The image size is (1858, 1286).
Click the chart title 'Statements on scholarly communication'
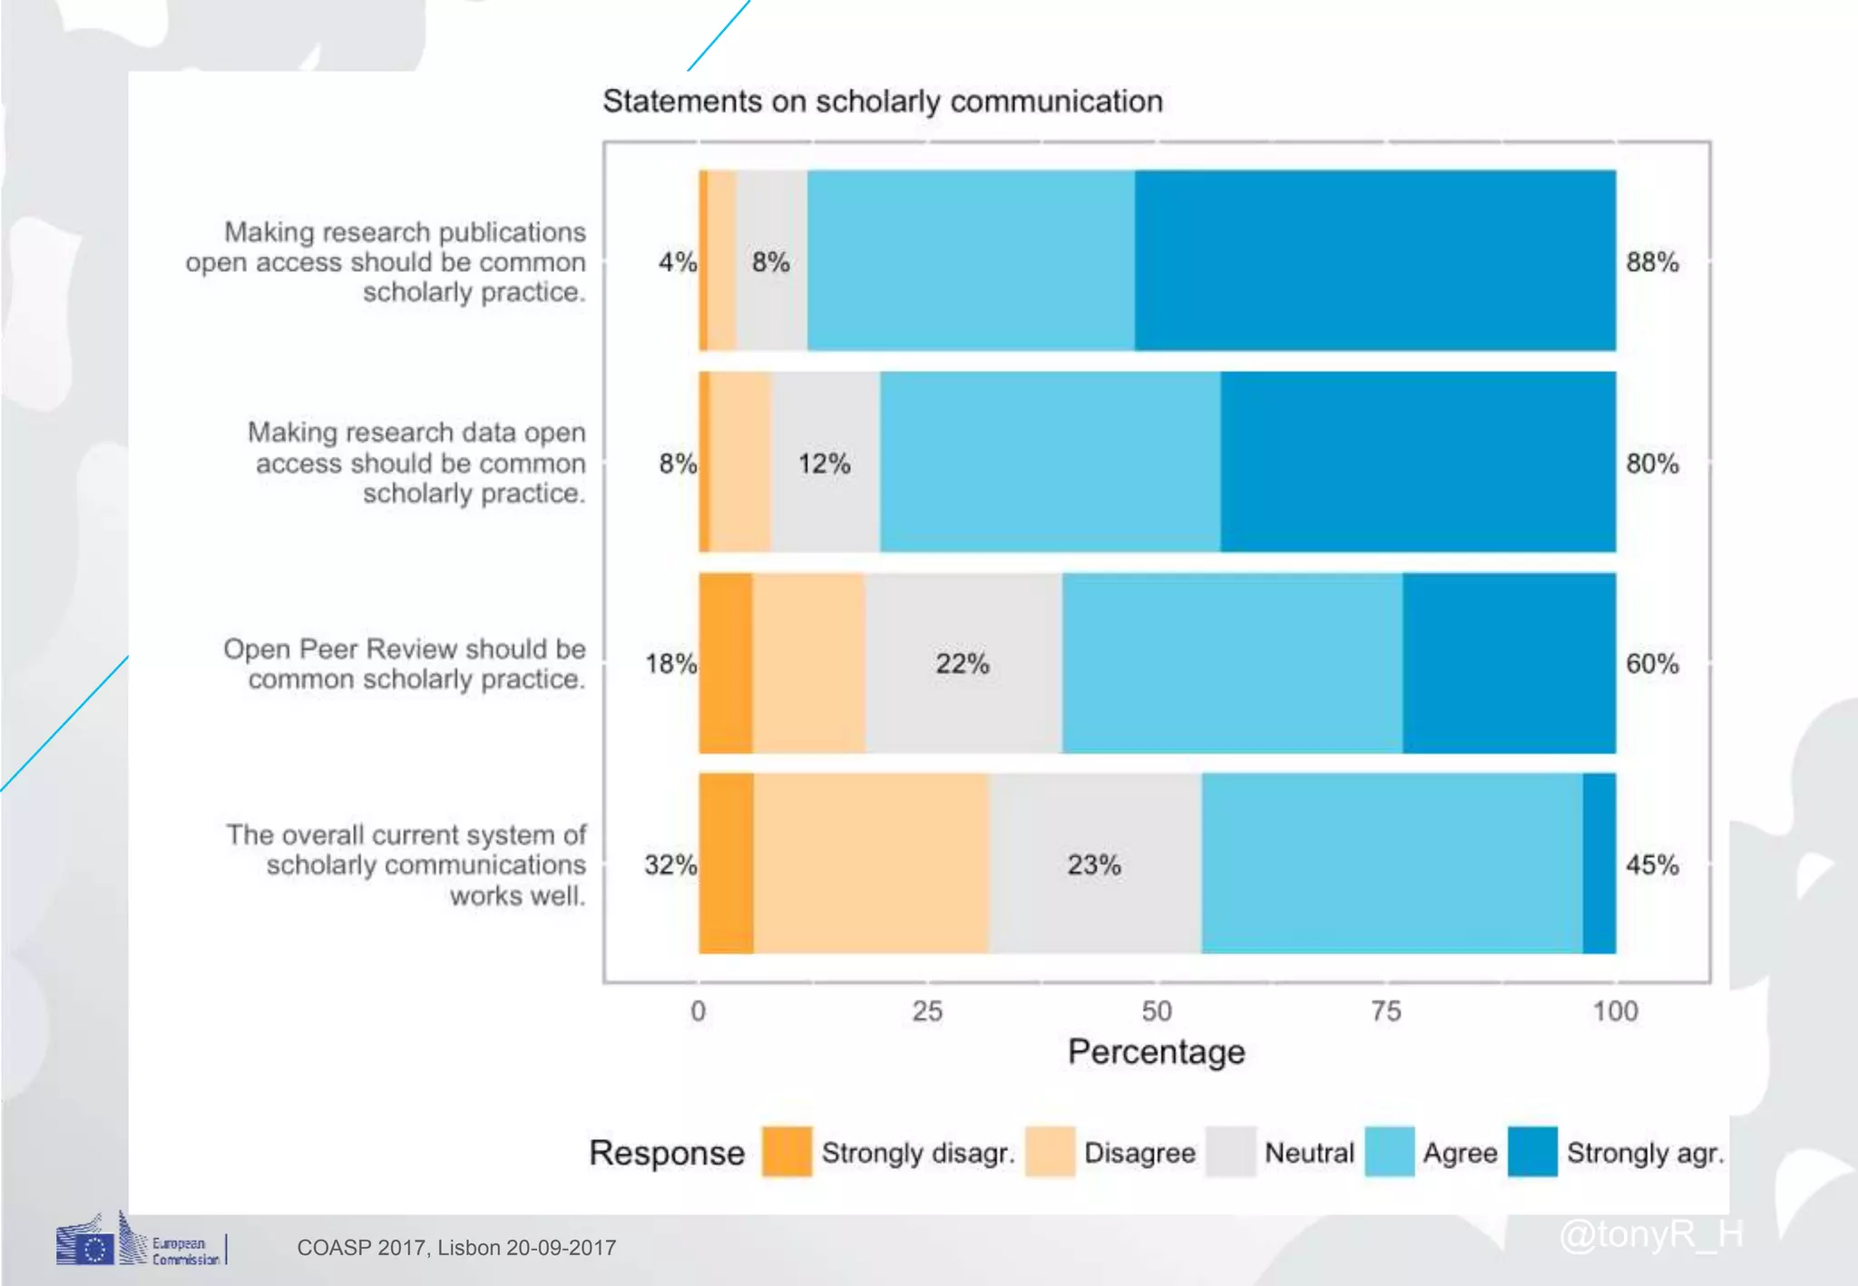point(882,102)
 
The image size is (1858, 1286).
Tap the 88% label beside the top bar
point(1651,262)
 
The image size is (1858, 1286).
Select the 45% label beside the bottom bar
point(1651,864)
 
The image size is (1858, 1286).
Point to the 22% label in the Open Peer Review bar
point(962,664)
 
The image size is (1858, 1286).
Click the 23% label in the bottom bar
point(1093,864)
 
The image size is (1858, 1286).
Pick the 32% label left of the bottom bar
point(670,864)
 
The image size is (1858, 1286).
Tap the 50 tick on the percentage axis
point(1156,1011)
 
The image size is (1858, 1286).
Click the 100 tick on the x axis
point(1615,1011)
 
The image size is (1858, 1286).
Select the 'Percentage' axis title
point(1156,1052)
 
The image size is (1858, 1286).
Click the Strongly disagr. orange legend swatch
point(787,1152)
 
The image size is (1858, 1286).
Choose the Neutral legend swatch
point(1231,1152)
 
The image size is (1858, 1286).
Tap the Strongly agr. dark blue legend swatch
point(1532,1152)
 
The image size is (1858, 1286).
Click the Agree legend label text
point(1460,1153)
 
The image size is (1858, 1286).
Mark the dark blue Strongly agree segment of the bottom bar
point(1599,863)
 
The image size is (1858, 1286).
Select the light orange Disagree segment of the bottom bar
point(871,863)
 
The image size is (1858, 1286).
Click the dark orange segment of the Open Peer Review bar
point(726,663)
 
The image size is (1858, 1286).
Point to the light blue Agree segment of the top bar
point(971,260)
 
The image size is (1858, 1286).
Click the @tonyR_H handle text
point(1651,1234)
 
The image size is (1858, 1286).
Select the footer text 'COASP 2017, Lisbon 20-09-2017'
point(456,1248)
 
